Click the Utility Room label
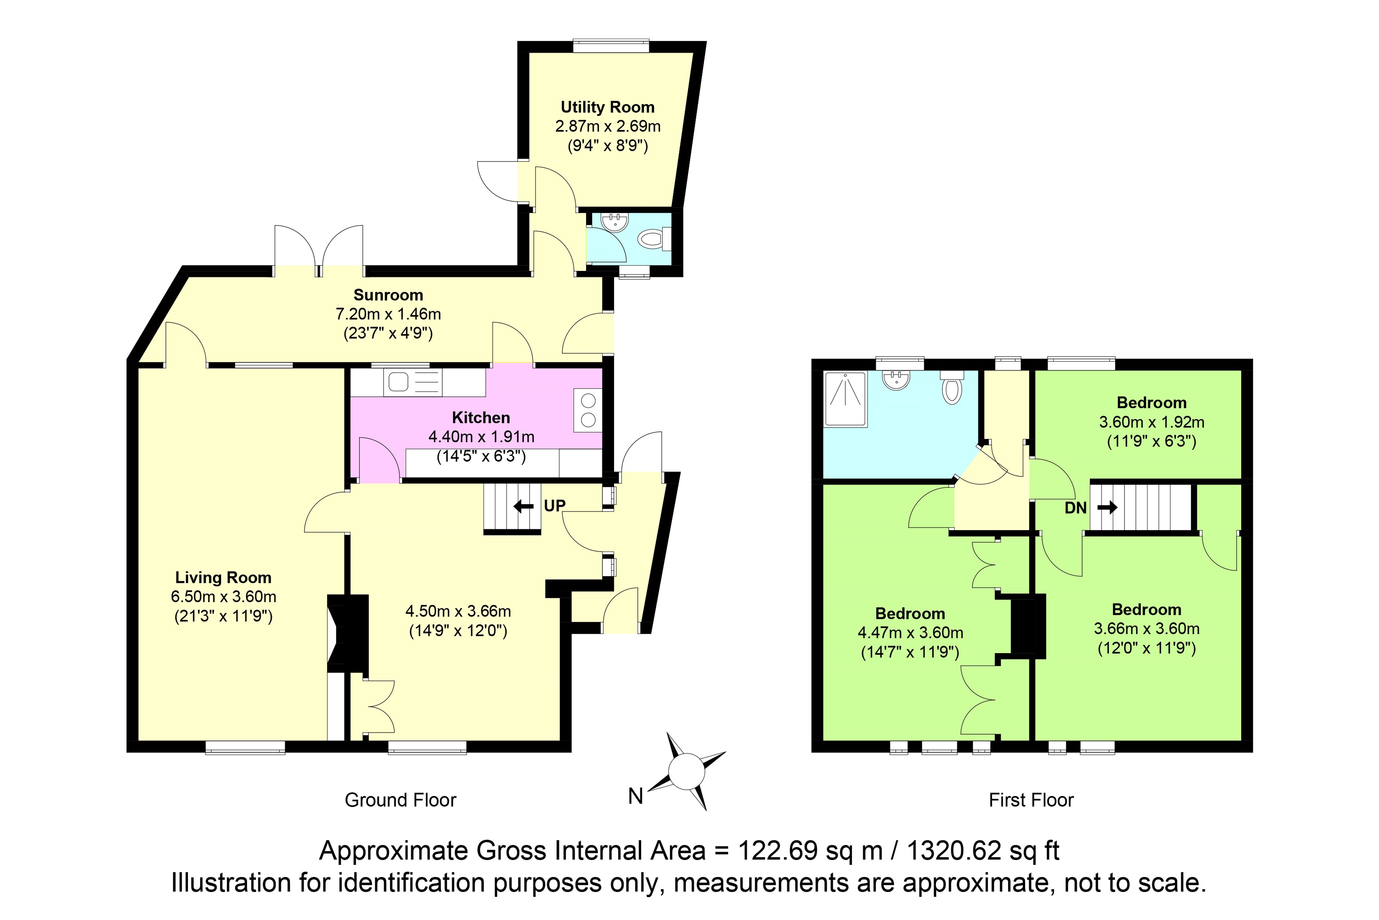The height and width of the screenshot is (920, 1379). [607, 107]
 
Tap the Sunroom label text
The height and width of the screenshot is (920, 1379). [388, 295]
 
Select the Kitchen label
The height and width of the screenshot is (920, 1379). [481, 418]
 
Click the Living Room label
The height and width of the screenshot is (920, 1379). [223, 578]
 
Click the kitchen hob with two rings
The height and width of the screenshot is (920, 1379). [588, 410]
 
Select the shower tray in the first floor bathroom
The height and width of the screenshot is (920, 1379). [845, 399]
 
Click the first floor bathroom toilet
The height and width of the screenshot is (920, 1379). [951, 387]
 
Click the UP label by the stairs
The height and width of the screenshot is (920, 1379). [555, 506]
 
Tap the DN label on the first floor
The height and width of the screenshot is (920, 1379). [1075, 508]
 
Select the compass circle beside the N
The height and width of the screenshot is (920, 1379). [687, 772]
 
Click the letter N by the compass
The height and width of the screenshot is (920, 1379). [636, 796]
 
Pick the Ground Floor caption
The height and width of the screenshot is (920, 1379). [400, 800]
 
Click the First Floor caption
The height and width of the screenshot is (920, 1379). [1031, 800]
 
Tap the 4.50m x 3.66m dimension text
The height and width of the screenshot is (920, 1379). [458, 611]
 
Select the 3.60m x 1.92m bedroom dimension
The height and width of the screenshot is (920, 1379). [1152, 422]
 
